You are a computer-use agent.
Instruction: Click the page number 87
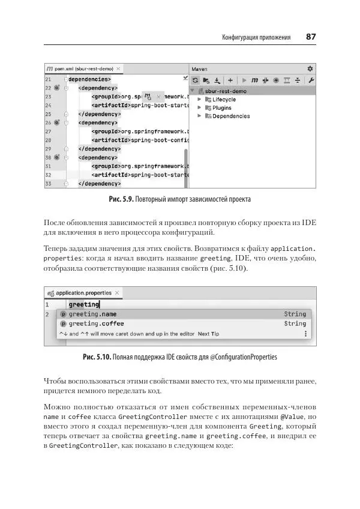coord(311,37)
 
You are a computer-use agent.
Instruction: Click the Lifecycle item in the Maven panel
coord(224,99)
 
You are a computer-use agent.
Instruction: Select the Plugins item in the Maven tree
coord(221,107)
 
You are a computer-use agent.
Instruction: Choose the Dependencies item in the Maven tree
coord(230,116)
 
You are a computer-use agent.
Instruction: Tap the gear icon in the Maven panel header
coord(310,69)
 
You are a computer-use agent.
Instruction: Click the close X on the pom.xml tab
coord(119,69)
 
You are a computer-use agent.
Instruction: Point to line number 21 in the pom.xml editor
coord(48,79)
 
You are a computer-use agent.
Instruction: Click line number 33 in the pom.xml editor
coord(48,183)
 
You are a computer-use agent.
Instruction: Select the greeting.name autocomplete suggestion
coord(92,314)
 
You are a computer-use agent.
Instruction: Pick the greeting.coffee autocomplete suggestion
coord(96,324)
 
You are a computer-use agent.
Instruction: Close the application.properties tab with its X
coord(118,293)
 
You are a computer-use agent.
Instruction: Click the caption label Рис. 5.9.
coord(121,199)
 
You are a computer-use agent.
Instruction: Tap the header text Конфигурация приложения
coord(256,38)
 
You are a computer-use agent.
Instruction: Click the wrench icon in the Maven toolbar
coord(311,80)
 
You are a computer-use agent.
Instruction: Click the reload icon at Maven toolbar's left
coord(196,80)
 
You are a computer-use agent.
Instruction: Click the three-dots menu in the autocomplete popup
coord(305,334)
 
